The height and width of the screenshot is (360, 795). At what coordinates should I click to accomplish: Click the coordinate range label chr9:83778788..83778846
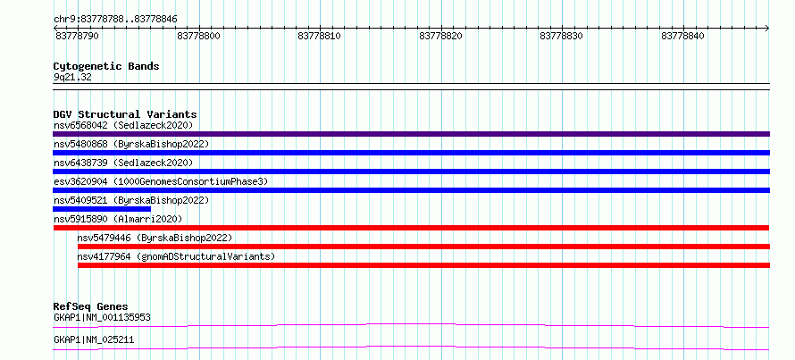[x=115, y=20]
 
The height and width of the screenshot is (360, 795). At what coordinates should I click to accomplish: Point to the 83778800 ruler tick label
[x=199, y=37]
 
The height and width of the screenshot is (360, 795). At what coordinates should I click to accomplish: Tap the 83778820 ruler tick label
[x=441, y=37]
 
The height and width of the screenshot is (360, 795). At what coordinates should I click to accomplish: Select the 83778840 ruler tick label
[x=683, y=37]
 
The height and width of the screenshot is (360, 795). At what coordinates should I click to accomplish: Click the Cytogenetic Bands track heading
[x=106, y=66]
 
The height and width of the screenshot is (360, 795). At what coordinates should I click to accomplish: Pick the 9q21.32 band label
[x=72, y=78]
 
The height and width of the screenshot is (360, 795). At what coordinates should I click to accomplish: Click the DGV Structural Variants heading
[x=125, y=114]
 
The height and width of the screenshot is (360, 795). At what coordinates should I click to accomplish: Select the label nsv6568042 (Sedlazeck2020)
[x=123, y=125]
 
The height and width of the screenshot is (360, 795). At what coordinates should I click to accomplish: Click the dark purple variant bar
[x=411, y=134]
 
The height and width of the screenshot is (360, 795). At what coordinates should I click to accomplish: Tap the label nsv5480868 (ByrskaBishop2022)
[x=131, y=144]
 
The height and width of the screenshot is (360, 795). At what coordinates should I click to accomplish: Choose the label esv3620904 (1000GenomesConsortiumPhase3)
[x=161, y=181]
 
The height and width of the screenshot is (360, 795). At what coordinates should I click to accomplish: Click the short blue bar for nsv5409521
[x=102, y=209]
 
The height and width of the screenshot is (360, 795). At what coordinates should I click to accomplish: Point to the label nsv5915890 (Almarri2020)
[x=118, y=219]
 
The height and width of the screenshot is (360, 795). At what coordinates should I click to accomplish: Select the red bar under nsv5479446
[x=424, y=247]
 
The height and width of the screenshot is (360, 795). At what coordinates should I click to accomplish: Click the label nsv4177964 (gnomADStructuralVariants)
[x=176, y=256]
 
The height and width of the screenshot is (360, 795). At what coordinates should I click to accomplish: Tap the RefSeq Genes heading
[x=91, y=306]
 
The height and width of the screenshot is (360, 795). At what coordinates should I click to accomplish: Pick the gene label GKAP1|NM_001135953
[x=102, y=318]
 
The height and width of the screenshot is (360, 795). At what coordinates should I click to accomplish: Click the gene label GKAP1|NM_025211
[x=94, y=339]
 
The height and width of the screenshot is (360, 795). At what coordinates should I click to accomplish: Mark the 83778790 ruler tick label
[x=77, y=37]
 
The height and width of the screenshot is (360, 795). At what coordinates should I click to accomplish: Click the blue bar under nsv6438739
[x=411, y=172]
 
